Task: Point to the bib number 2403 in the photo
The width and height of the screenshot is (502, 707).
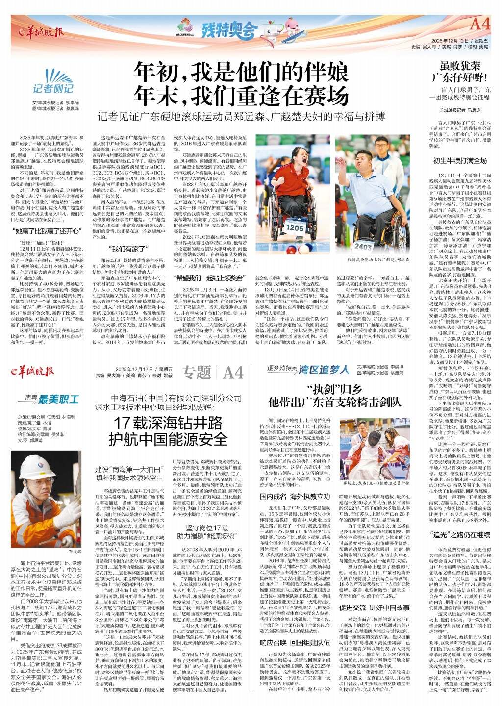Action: point(363,247)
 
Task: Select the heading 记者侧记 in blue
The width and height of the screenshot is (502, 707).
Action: point(50,88)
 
